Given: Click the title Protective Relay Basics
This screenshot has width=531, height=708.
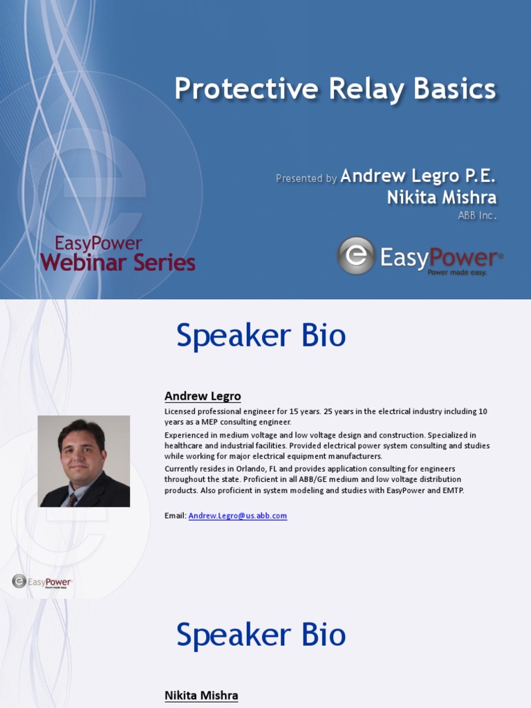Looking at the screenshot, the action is click(335, 89).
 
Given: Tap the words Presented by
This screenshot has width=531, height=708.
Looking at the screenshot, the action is click(306, 178).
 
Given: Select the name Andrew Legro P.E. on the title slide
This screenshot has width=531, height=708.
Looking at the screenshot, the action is click(418, 176).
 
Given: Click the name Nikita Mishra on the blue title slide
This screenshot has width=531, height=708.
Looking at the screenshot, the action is click(442, 197).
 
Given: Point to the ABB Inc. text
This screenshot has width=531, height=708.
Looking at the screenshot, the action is click(477, 216).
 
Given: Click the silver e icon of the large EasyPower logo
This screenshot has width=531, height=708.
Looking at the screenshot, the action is click(356, 256).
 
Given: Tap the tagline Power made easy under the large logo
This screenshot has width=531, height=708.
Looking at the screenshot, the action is click(457, 272).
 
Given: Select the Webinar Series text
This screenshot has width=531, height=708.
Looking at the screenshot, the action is click(118, 262).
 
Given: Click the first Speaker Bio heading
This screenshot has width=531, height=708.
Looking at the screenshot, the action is click(261, 335).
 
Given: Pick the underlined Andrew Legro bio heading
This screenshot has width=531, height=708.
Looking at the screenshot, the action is click(203, 396).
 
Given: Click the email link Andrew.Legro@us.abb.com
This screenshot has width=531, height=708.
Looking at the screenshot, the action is click(238, 516).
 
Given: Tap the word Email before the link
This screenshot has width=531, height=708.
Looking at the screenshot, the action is click(175, 516).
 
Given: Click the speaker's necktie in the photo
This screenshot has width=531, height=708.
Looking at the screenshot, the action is click(72, 499).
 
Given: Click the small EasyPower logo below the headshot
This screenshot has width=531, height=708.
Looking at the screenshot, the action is click(41, 581).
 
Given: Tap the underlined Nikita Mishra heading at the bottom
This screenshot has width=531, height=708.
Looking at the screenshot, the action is click(201, 696).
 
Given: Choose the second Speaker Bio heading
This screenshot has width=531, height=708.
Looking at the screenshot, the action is click(261, 635).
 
